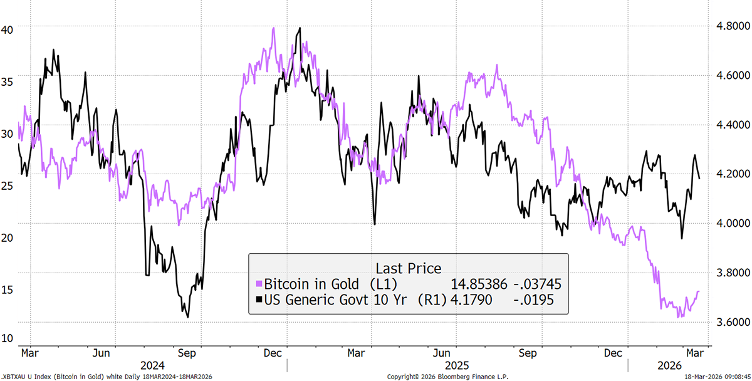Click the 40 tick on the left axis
click(8, 29)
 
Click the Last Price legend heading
click(408, 268)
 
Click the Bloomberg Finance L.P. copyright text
click(447, 377)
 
